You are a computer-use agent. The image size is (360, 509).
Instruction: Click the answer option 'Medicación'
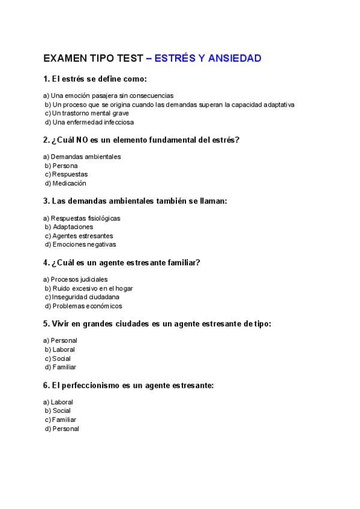(69, 183)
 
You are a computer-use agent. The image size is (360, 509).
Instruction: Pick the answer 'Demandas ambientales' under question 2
(86, 157)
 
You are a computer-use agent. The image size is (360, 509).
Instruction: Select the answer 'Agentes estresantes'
(82, 236)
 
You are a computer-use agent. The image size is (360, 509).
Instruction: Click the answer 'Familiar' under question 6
(64, 420)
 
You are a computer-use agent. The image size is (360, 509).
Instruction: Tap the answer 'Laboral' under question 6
(62, 402)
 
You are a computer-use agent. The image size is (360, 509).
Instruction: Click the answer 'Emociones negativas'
(84, 244)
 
